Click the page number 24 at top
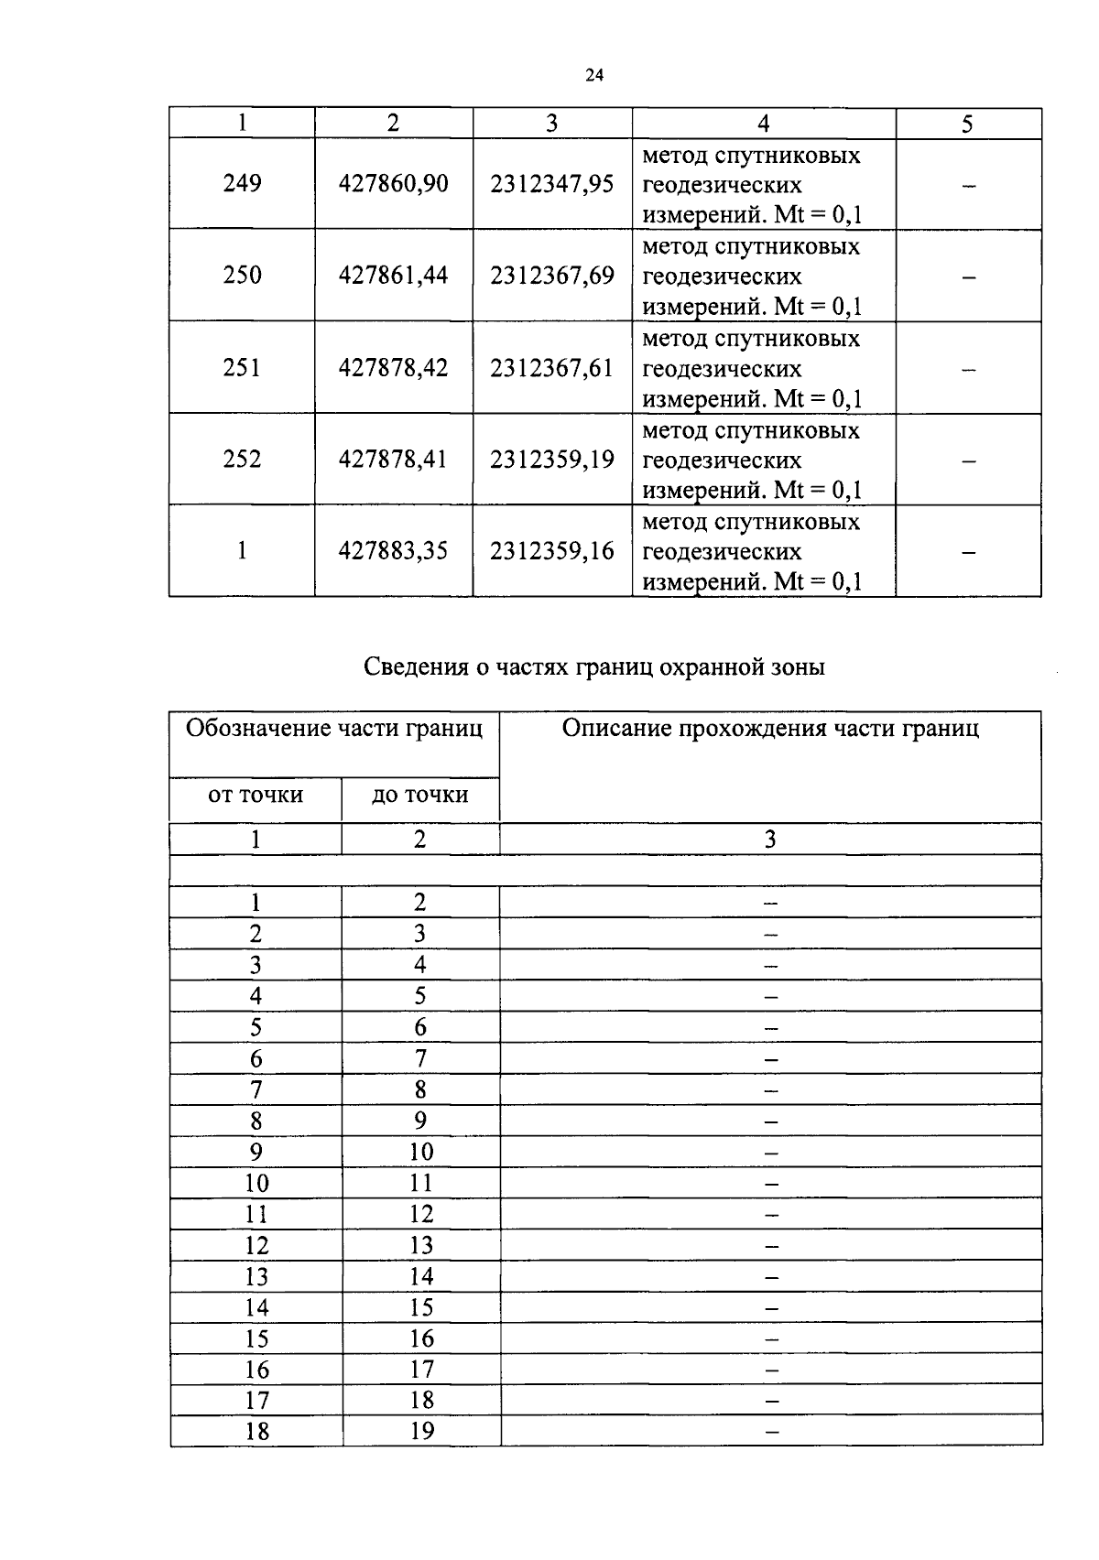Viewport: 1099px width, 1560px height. point(593,76)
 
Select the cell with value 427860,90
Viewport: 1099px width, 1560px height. point(393,184)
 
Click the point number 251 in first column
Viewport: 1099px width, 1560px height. point(242,368)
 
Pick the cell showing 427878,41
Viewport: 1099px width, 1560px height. point(393,459)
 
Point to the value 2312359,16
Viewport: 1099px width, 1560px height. point(551,551)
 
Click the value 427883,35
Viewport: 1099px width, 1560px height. point(393,551)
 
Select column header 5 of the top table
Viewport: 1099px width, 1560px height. point(967,125)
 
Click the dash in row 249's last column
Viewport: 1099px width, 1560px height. point(968,187)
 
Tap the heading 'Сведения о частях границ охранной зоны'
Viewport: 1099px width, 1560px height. point(594,667)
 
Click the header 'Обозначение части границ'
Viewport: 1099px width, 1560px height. point(334,729)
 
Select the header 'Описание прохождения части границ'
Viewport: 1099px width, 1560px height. point(770,729)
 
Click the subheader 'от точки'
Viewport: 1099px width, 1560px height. point(256,795)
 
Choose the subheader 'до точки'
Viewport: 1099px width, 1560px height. point(420,795)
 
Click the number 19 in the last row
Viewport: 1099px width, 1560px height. point(421,1431)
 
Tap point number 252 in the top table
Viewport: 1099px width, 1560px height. point(242,459)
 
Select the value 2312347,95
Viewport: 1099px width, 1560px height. point(551,184)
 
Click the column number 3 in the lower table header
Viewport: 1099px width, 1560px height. point(770,840)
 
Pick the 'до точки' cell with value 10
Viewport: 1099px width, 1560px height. point(421,1152)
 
